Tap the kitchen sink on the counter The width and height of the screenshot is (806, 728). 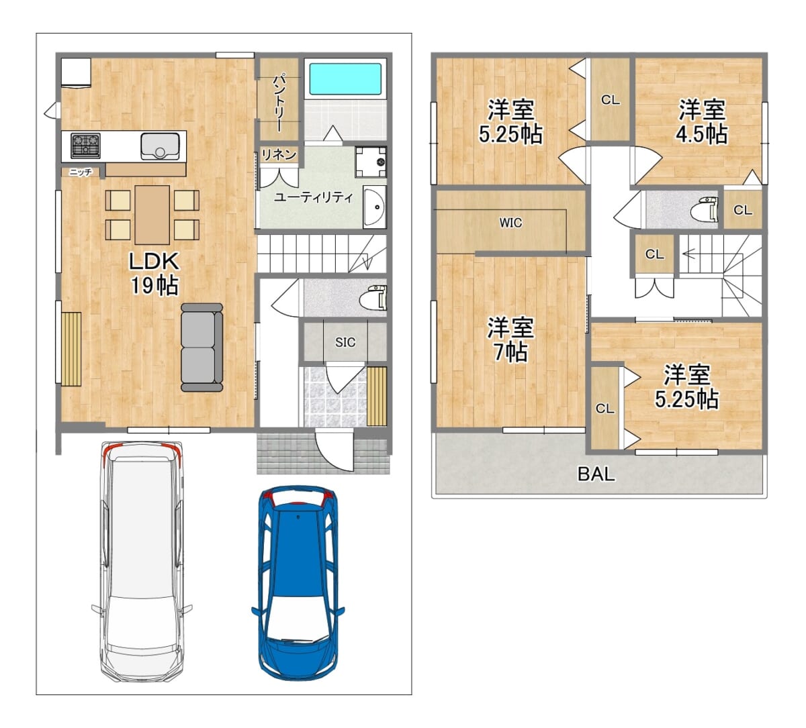[160, 146]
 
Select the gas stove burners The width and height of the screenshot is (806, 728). [85, 146]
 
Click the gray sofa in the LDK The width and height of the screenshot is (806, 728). [201, 348]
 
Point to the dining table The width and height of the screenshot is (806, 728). [152, 215]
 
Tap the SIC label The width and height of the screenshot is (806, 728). [345, 342]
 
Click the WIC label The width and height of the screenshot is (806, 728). [510, 223]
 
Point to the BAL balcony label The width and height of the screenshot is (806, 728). [596, 474]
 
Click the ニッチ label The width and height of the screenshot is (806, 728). [81, 172]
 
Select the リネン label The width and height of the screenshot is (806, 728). [279, 154]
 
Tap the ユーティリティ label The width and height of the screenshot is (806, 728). [314, 197]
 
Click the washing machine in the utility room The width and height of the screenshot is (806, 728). [371, 162]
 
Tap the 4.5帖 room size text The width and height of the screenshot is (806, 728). [701, 134]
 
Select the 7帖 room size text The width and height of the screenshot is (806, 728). [510, 352]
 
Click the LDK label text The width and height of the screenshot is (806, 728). [154, 262]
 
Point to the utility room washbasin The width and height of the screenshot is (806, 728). [374, 207]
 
